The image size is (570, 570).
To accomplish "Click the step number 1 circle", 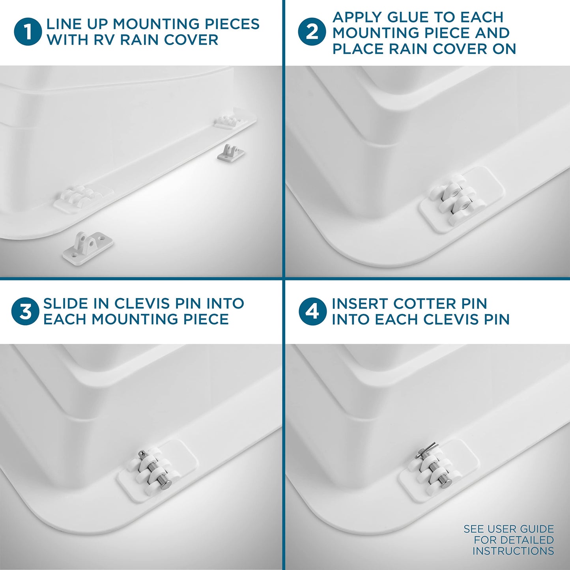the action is coord(28,32).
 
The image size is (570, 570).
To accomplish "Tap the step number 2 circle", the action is coord(312,32).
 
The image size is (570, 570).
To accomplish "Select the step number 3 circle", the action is coord(25,311).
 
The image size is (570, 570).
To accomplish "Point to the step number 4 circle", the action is coord(313,311).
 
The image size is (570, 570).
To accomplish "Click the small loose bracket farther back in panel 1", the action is coord(231,152).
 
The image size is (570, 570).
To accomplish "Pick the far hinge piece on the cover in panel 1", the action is coord(228,122).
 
